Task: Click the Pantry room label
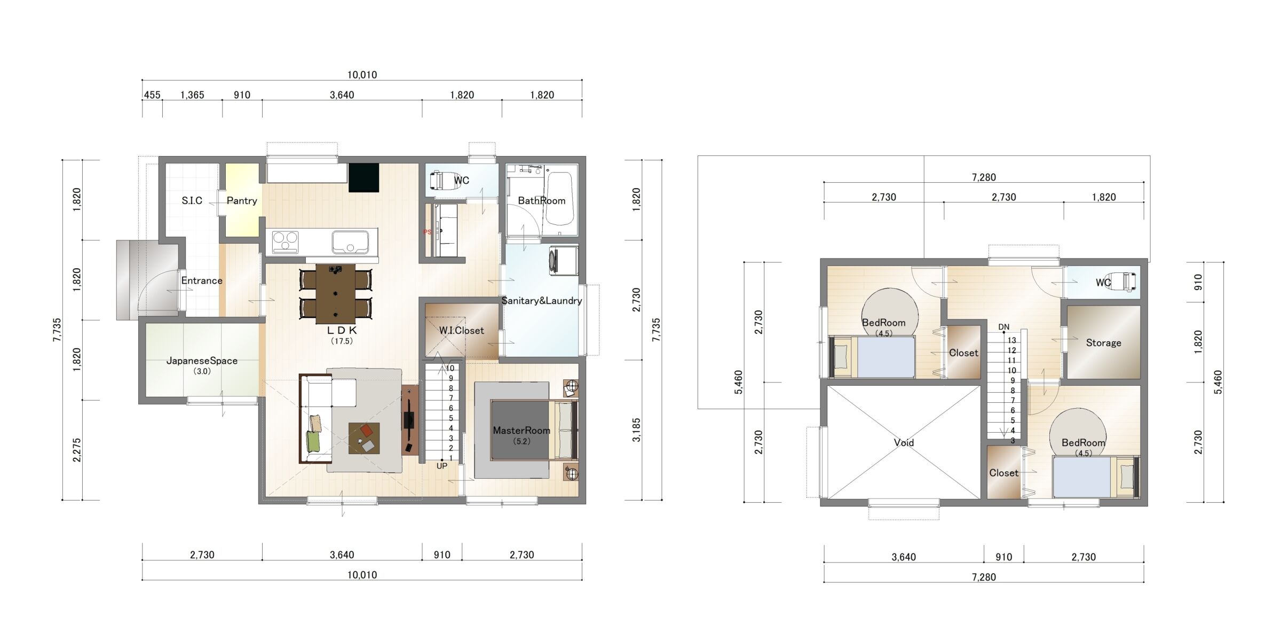(x=242, y=201)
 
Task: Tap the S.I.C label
(x=192, y=201)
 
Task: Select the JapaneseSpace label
(x=202, y=361)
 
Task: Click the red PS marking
(x=427, y=232)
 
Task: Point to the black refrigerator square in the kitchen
(x=364, y=178)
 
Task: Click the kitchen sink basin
(x=350, y=242)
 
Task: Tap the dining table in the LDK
(x=335, y=293)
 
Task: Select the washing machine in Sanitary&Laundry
(x=564, y=260)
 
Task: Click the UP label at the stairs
(x=442, y=466)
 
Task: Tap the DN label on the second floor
(x=1003, y=327)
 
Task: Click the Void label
(x=904, y=442)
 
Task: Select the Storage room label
(x=1103, y=343)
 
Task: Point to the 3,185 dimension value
(x=636, y=430)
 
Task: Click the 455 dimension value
(x=152, y=95)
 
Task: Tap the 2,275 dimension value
(x=77, y=450)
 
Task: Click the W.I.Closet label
(x=462, y=331)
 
